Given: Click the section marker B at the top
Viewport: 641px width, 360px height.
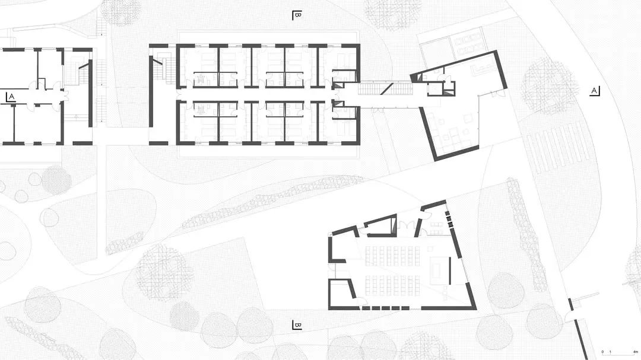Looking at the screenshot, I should point(297,15).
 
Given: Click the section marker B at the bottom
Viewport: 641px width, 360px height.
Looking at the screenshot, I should point(297,325).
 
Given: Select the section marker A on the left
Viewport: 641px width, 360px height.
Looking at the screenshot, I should point(9,97).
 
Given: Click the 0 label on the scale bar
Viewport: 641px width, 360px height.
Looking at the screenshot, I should point(602,352).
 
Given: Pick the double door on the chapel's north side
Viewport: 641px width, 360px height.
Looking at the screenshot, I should point(406,227).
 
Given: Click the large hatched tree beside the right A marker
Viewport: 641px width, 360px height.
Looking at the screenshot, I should point(550,86).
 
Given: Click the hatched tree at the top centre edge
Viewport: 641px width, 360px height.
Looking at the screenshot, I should point(392,12).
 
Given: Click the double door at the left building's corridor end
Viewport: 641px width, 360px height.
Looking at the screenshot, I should point(58,95).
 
